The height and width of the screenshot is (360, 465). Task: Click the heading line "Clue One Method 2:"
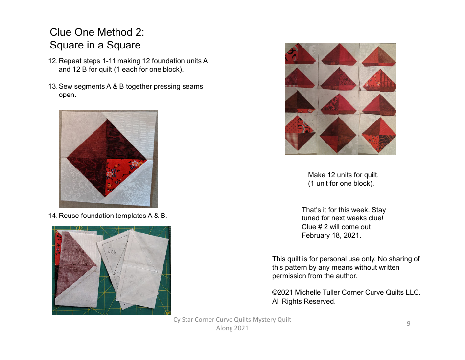point(97,32)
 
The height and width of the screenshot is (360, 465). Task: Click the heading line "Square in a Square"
point(95,45)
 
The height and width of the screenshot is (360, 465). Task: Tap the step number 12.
point(53,61)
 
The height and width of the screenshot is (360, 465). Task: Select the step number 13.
point(53,86)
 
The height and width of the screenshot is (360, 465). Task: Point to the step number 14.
point(53,216)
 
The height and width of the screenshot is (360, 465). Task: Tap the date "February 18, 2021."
point(331,235)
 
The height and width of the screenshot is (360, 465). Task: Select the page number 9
point(408,323)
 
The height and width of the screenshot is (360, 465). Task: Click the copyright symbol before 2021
point(275,293)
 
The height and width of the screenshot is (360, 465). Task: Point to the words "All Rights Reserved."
point(304,301)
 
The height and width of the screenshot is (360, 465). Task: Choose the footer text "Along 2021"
point(232,328)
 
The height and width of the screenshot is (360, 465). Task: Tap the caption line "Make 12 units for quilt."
point(343,175)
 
